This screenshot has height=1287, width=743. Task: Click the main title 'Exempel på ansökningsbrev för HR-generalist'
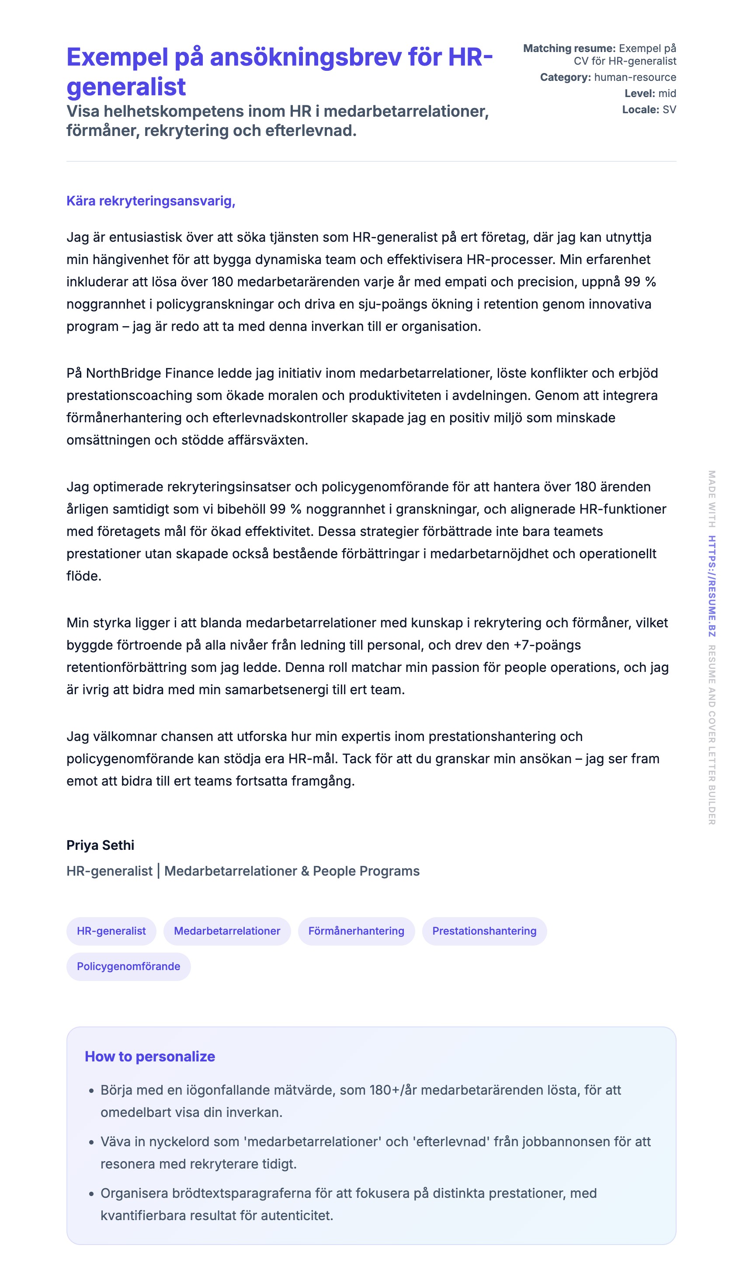[x=279, y=71]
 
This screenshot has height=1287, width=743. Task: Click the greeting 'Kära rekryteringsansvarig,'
[x=150, y=201]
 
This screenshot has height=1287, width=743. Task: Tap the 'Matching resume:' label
[x=569, y=49]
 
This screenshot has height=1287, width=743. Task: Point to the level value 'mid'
[x=667, y=94]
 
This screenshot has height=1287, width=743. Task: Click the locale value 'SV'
[x=669, y=110]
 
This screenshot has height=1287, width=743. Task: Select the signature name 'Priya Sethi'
[x=100, y=845]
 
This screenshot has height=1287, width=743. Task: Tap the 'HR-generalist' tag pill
[x=111, y=931]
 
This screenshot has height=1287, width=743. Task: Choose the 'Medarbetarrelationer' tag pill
[x=227, y=931]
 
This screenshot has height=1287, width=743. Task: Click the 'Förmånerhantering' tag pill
[x=356, y=931]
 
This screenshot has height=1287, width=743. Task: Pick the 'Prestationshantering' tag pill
[x=484, y=931]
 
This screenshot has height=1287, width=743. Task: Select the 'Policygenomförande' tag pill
[x=128, y=966]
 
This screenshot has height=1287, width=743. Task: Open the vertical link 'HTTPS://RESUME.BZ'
[x=712, y=586]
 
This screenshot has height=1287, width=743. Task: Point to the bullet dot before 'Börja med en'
[x=91, y=1091]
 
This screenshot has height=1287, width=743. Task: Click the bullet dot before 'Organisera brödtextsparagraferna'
[x=91, y=1194]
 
